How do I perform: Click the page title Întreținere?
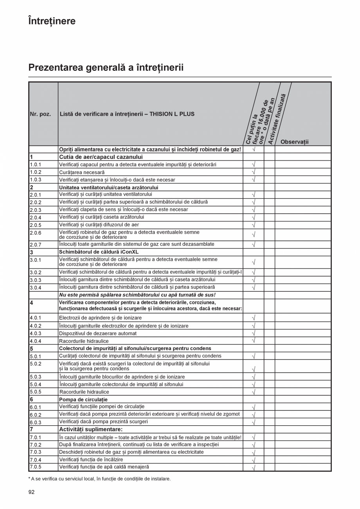pos(52,21)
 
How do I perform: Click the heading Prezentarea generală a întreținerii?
pos(106,68)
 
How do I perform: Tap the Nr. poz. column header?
pos(40,114)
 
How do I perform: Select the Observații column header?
pos(294,142)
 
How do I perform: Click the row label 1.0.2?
pos(36,172)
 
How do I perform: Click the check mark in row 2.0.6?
pos(253,235)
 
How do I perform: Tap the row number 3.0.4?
pos(36,288)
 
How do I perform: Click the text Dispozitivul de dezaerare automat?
pos(98,333)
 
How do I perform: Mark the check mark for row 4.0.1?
pos(253,318)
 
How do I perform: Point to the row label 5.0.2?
pos(36,363)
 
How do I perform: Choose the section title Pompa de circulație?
pos(83,399)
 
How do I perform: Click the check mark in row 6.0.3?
pos(253,422)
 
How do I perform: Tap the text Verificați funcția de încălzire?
pos(91,460)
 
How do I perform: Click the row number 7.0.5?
pos(36,467)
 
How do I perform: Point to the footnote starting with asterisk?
pos(99,479)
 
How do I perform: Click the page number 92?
pos(31,492)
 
